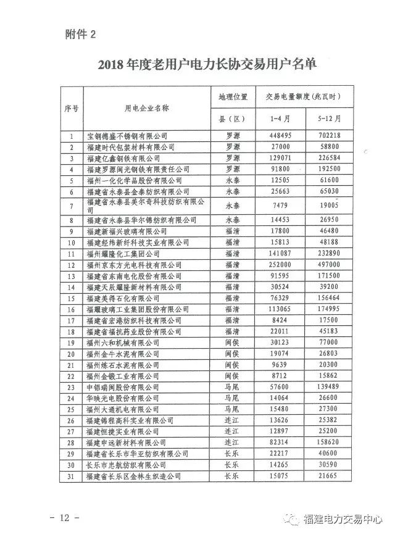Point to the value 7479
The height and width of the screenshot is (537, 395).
click(280, 204)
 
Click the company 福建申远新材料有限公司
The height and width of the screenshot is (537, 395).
click(127, 443)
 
